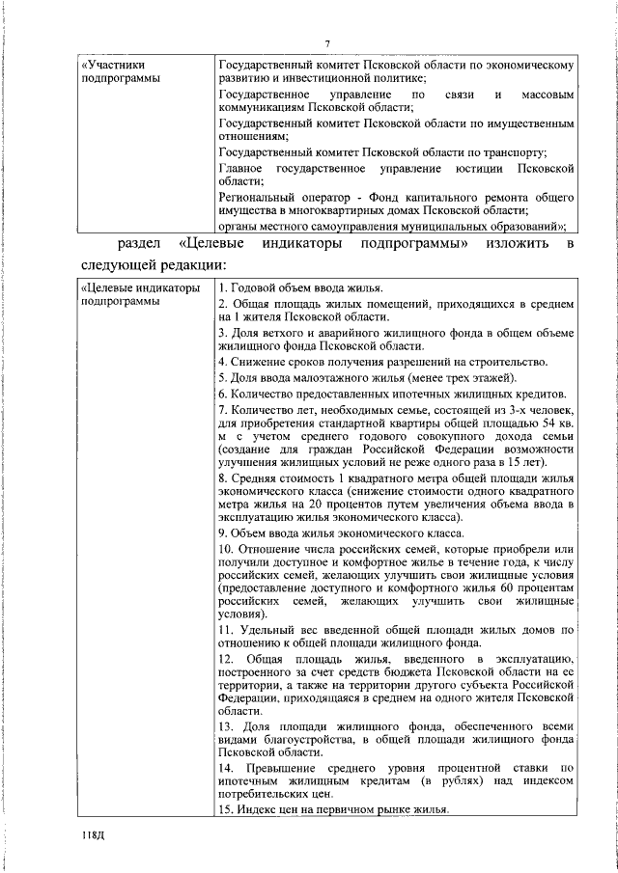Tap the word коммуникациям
[x=266, y=108]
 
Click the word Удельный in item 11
[x=266, y=630]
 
